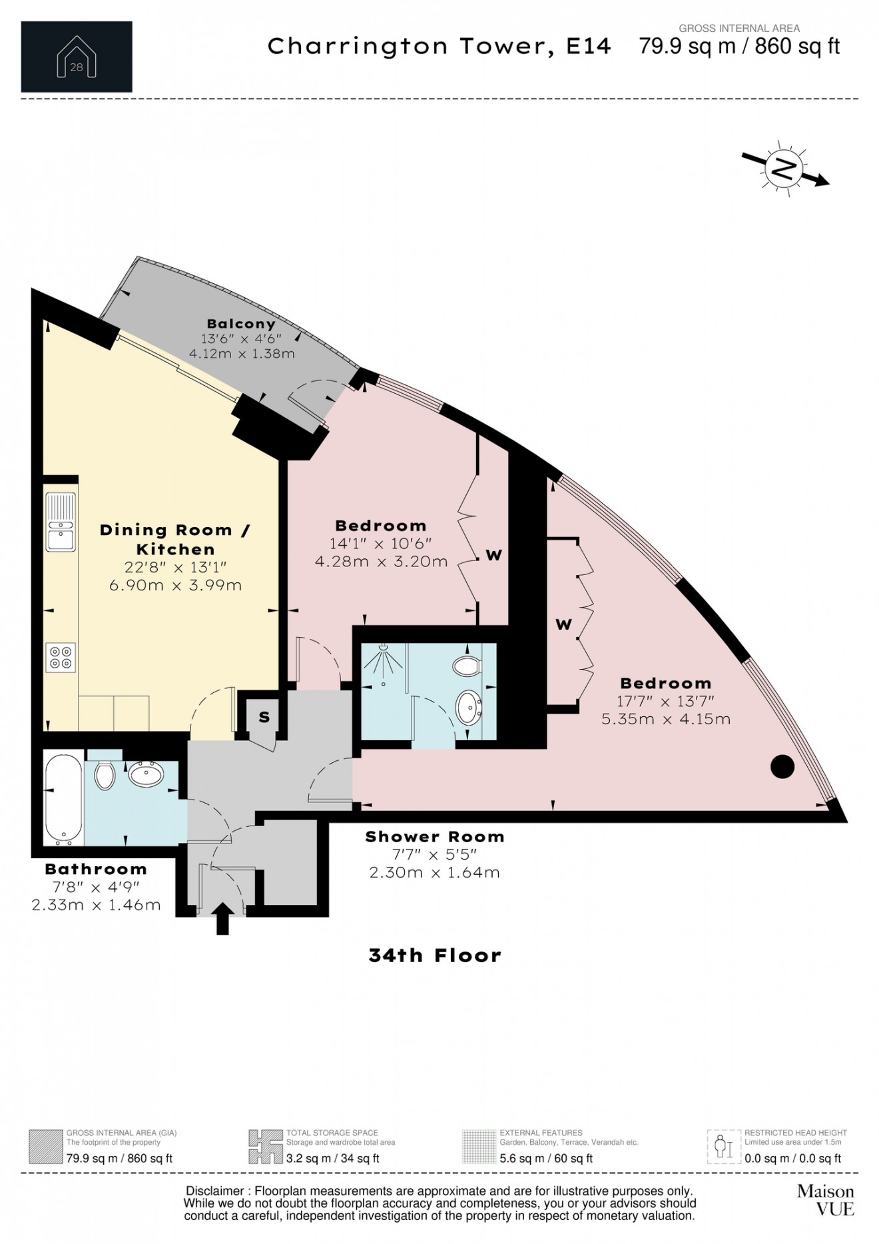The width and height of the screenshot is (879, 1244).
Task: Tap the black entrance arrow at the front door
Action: (x=222, y=919)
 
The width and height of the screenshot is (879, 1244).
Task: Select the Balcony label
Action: (x=241, y=324)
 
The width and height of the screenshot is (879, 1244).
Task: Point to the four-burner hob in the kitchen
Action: (x=61, y=657)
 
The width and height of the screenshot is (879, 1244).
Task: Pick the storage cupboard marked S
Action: (x=264, y=718)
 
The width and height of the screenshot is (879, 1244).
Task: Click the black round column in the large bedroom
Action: (x=782, y=766)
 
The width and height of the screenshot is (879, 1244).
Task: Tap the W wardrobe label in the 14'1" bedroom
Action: (x=493, y=555)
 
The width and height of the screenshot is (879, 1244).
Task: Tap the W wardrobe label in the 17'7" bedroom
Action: (x=563, y=624)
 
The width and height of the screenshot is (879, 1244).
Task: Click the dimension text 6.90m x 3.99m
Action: (x=175, y=586)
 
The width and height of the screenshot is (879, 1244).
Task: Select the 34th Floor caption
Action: (x=435, y=955)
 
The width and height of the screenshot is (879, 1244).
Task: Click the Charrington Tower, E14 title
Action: (x=439, y=47)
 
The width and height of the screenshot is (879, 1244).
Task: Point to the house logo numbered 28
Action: (x=77, y=57)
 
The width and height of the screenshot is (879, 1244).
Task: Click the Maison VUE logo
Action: (x=825, y=1199)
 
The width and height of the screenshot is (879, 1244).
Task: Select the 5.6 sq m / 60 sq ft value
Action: (x=546, y=1158)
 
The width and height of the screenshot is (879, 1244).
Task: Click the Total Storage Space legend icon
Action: (x=264, y=1147)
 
